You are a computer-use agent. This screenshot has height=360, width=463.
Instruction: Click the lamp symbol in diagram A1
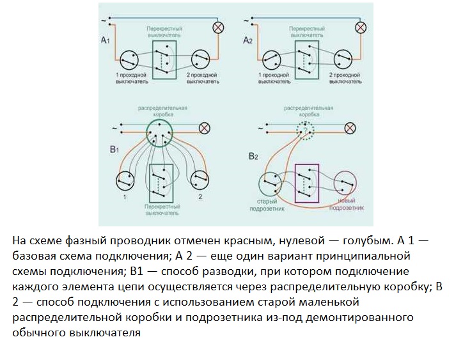[217, 27]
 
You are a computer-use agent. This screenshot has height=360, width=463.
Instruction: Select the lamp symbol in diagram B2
[350, 128]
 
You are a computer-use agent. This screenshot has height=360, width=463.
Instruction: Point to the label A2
[248, 40]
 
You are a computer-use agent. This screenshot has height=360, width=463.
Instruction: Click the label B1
[115, 150]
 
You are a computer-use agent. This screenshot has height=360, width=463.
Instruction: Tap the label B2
[253, 156]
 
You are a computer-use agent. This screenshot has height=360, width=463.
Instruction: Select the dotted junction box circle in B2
[305, 130]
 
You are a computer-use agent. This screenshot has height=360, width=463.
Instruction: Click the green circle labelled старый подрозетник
[271, 185]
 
